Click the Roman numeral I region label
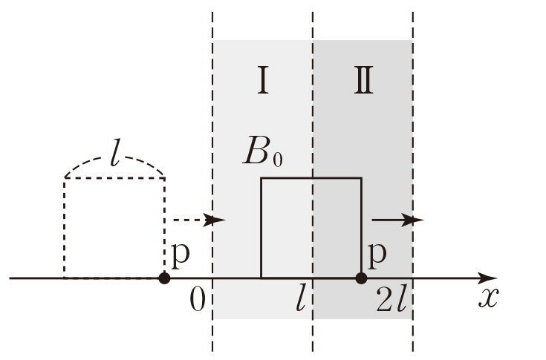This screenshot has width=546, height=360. (x=262, y=82)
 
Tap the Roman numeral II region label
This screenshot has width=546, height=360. (x=363, y=82)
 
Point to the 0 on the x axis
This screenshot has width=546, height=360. (x=197, y=298)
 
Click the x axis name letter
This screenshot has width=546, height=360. (x=487, y=298)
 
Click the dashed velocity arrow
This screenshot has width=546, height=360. (x=197, y=220)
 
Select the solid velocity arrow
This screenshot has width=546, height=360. (x=397, y=220)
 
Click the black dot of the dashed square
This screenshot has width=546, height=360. (x=164, y=278)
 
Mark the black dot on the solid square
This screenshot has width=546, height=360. (x=361, y=278)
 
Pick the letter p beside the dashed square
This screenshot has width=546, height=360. (x=179, y=255)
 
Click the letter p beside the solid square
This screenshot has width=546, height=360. (x=377, y=255)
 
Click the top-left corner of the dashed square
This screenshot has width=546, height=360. (x=65, y=178)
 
